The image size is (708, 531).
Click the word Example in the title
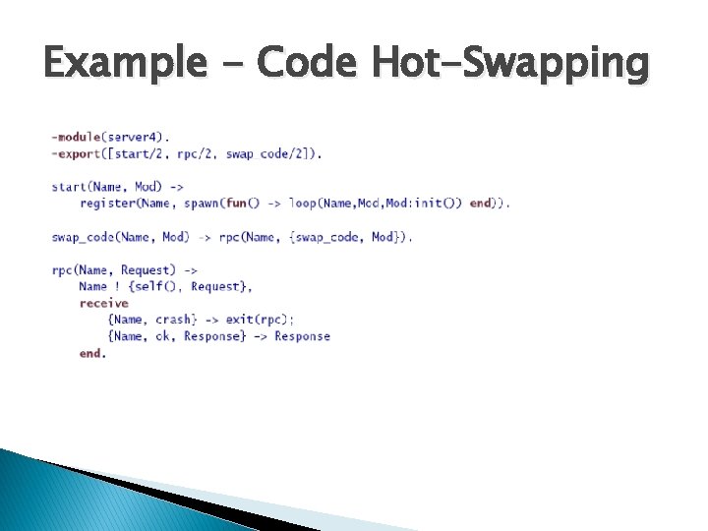(123, 65)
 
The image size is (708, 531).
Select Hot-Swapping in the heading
(510, 65)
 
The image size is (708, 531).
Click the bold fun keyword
(236, 203)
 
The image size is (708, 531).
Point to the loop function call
(303, 203)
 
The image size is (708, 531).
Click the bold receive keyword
(104, 303)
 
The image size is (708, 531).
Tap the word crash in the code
(175, 320)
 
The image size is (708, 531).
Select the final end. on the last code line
(92, 353)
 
